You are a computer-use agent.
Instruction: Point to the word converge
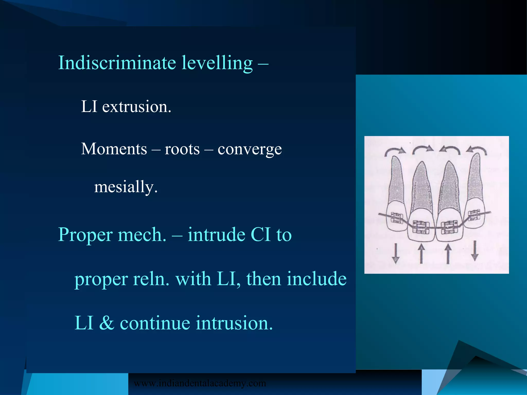coord(249,149)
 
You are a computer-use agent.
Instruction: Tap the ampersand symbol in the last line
coord(107,323)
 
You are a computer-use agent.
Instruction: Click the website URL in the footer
coord(200,383)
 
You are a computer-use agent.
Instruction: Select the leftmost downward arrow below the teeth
coord(396,254)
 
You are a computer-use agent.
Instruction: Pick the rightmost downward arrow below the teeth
coord(475,250)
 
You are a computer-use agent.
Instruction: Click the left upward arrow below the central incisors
coord(421,254)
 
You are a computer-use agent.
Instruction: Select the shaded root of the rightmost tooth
coord(475,180)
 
